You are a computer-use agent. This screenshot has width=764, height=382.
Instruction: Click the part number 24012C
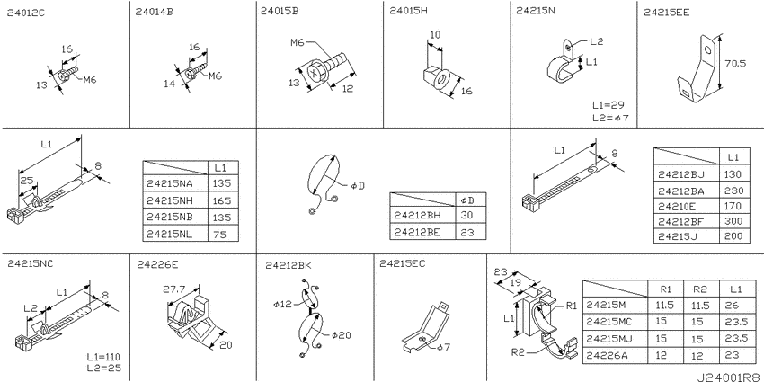(25, 13)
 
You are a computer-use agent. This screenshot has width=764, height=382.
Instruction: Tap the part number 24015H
(408, 11)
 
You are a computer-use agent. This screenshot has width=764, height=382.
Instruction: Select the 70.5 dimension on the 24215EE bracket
(735, 63)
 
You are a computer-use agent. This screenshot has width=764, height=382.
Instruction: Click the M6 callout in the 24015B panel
(298, 42)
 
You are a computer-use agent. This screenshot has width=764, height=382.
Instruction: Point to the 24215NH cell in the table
(169, 200)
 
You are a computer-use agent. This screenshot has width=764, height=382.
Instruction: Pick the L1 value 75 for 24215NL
(219, 234)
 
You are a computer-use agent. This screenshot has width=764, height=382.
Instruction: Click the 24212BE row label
(417, 232)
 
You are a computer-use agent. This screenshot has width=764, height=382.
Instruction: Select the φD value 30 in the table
(466, 216)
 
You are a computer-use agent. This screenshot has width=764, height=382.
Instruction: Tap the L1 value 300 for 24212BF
(733, 221)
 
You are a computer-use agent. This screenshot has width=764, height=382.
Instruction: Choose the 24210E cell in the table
(677, 206)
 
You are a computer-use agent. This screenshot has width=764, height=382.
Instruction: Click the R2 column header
(699, 289)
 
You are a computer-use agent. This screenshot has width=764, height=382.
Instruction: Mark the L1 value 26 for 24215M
(732, 306)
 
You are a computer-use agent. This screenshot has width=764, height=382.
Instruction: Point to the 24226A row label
(607, 355)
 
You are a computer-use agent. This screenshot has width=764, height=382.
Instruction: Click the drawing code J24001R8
(729, 378)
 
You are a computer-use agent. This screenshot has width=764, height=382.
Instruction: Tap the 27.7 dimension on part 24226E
(174, 289)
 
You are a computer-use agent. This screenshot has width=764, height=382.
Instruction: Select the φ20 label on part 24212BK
(341, 335)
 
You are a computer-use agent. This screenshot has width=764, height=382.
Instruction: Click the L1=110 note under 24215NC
(103, 357)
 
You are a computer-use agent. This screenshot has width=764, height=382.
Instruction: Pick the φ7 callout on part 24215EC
(444, 348)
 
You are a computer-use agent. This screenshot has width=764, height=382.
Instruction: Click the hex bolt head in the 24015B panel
(315, 74)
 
